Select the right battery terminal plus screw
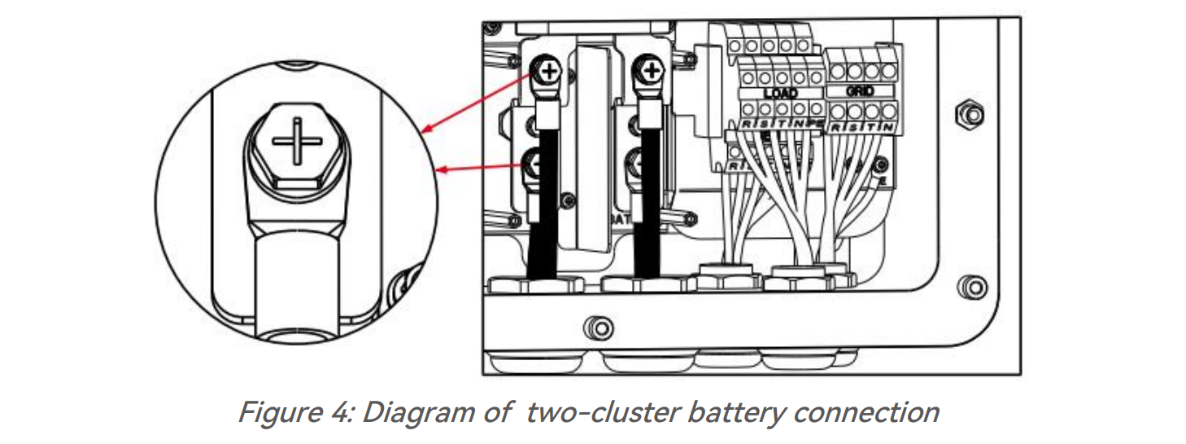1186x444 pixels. pos(651,73)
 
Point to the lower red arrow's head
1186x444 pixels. pos(440,169)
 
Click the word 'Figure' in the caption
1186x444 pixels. pos(274,413)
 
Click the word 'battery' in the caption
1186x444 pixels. pos(727,413)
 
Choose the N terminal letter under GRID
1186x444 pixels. pos(892,128)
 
